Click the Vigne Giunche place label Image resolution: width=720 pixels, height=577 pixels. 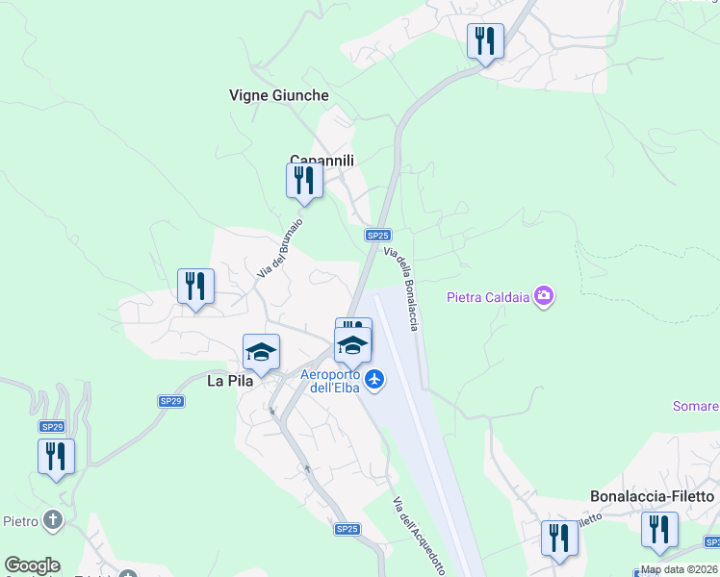[279, 95]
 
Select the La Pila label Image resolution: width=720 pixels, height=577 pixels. [230, 381]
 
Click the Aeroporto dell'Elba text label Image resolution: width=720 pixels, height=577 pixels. [330, 381]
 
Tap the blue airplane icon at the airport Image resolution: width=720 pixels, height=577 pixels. [375, 381]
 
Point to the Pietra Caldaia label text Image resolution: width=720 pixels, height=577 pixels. [489, 297]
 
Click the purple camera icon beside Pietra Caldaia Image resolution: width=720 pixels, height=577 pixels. [544, 296]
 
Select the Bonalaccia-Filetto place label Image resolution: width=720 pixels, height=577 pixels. [653, 496]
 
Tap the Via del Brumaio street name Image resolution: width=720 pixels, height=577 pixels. [280, 248]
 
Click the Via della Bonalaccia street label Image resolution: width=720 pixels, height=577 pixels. [401, 289]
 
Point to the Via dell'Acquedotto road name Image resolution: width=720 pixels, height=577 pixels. [419, 536]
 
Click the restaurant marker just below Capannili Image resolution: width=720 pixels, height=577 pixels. [304, 181]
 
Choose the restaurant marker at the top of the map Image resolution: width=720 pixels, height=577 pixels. [485, 41]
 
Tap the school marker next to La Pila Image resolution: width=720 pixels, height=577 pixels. [261, 352]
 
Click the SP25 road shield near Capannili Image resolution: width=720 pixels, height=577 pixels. [378, 235]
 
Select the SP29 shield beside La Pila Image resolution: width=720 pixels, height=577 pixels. [171, 401]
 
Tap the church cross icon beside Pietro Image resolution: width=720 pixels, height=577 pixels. [54, 521]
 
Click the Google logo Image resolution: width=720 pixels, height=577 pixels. [32, 565]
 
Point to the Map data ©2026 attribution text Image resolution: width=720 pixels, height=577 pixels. [680, 569]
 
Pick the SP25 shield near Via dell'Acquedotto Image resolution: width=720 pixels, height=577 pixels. [347, 529]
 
